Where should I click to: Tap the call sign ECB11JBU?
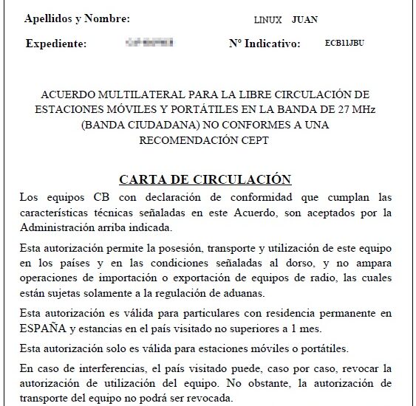[x=344, y=44]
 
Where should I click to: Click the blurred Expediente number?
[x=151, y=44]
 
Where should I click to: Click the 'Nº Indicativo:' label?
[x=265, y=44]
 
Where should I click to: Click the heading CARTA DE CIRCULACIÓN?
[x=205, y=179]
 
